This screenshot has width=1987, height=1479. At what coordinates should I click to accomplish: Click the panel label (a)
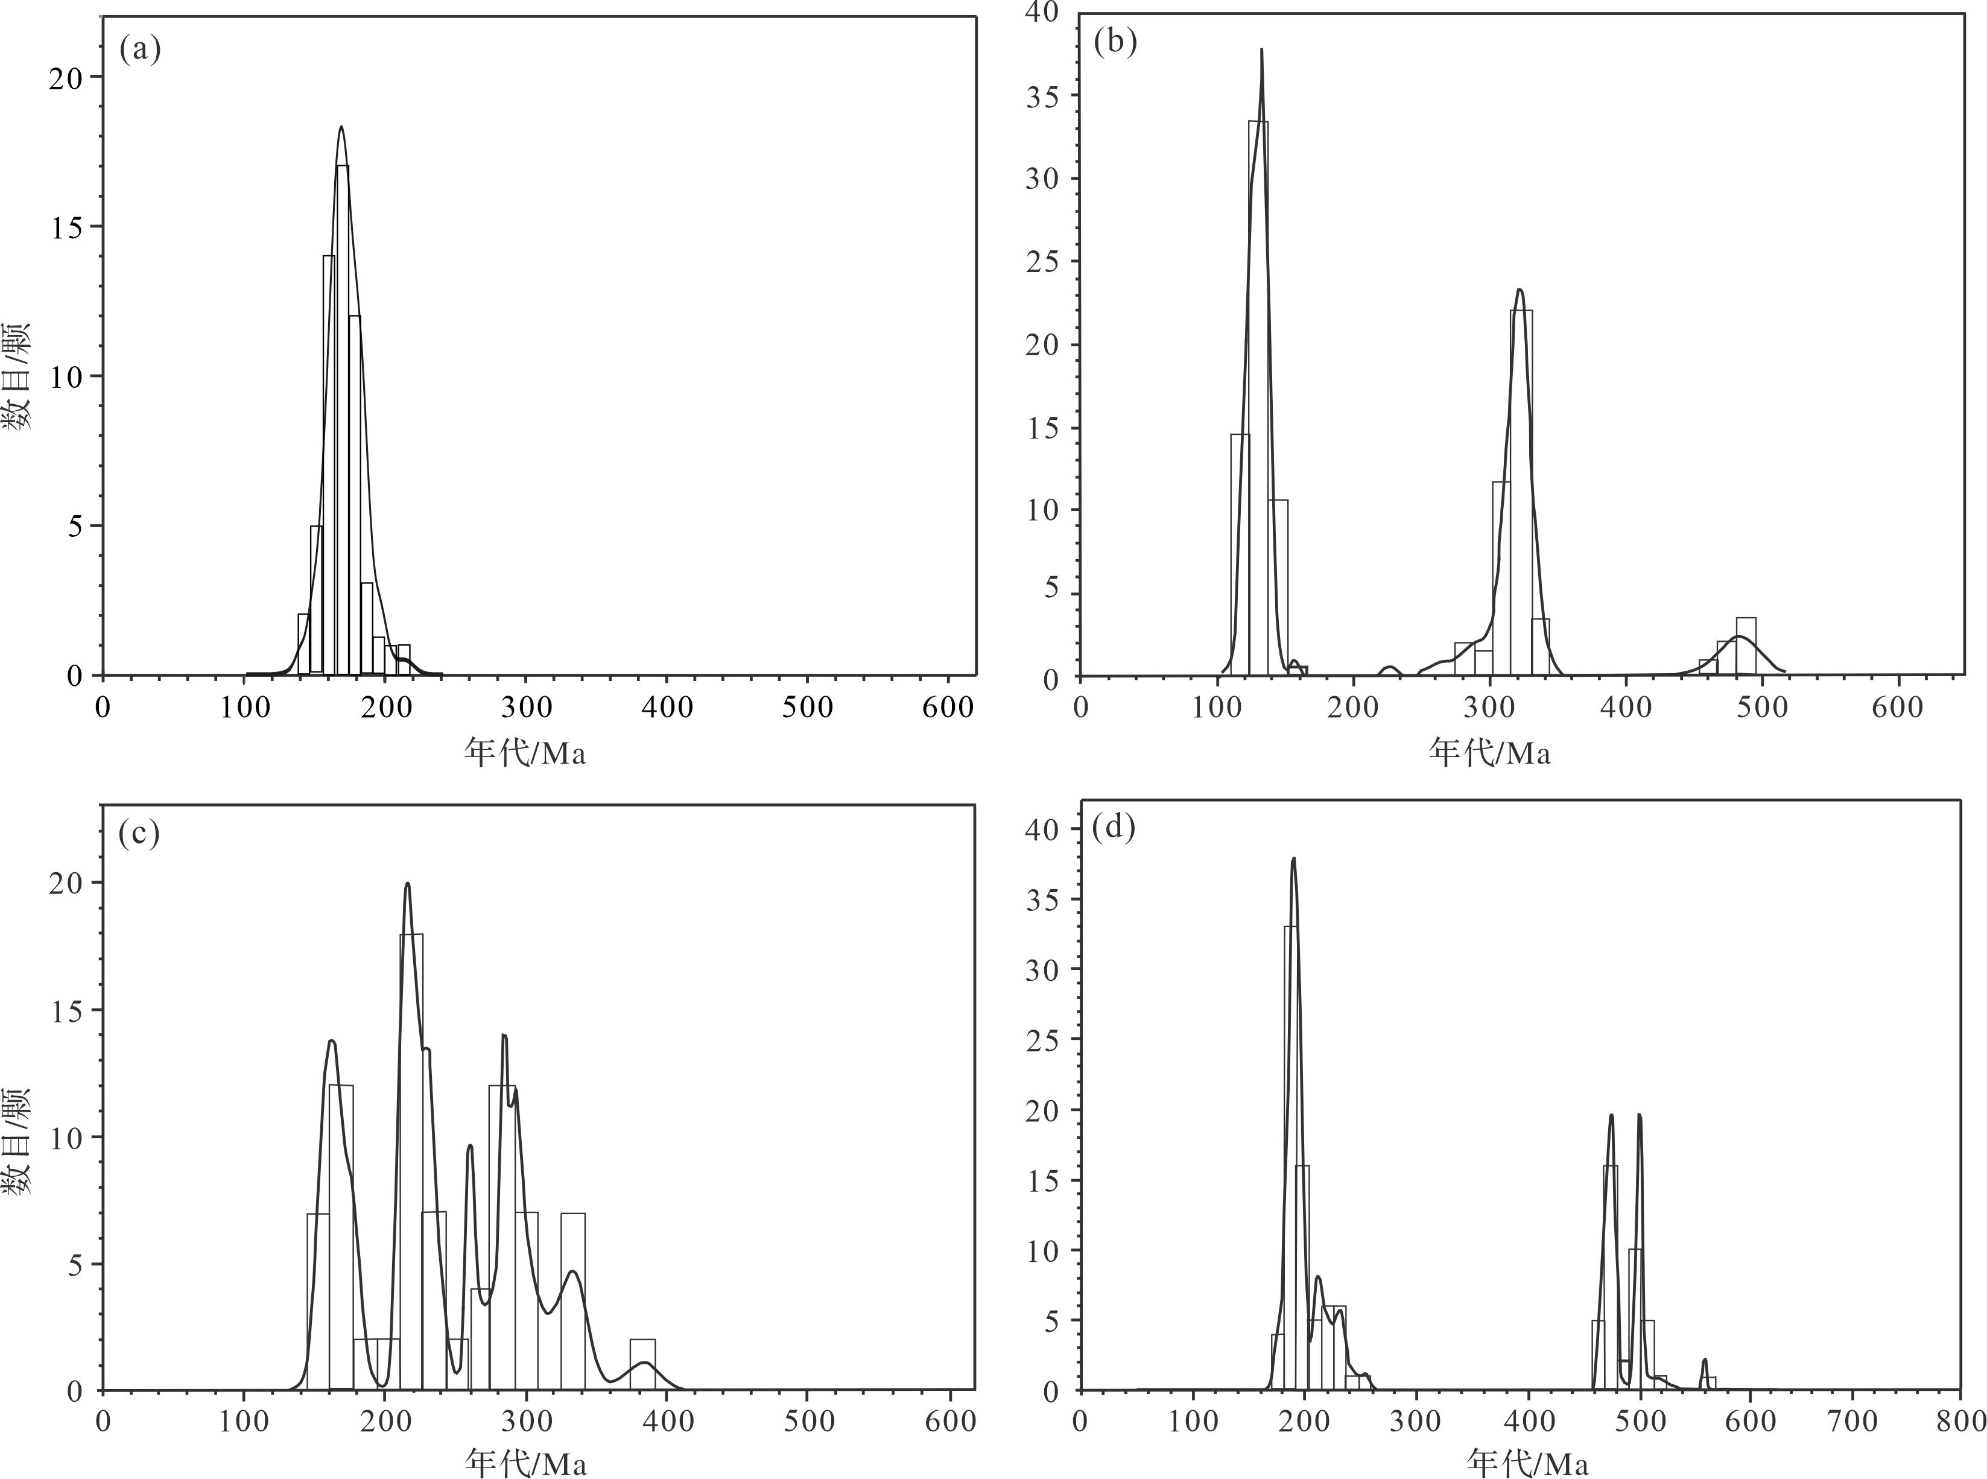pyautogui.click(x=140, y=50)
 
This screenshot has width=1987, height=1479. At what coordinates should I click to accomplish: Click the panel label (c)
pyautogui.click(x=139, y=834)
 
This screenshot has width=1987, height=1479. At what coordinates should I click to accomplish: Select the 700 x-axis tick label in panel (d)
pyautogui.click(x=1851, y=1421)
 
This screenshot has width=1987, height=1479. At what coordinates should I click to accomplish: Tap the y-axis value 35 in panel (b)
pyautogui.click(x=1042, y=96)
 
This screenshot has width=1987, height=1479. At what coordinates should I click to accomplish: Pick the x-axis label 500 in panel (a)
pyautogui.click(x=808, y=708)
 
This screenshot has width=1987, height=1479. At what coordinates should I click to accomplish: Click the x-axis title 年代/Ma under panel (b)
pyautogui.click(x=1488, y=753)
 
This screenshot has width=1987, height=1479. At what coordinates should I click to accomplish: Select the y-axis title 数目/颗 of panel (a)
pyautogui.click(x=18, y=376)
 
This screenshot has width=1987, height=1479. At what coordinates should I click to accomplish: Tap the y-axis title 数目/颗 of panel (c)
pyautogui.click(x=18, y=1141)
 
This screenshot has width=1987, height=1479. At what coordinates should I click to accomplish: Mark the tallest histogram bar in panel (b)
pyautogui.click(x=1258, y=398)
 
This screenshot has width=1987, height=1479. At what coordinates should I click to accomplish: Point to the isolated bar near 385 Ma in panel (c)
pyautogui.click(x=643, y=1364)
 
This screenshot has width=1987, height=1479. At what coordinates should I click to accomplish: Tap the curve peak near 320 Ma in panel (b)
pyautogui.click(x=1520, y=290)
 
